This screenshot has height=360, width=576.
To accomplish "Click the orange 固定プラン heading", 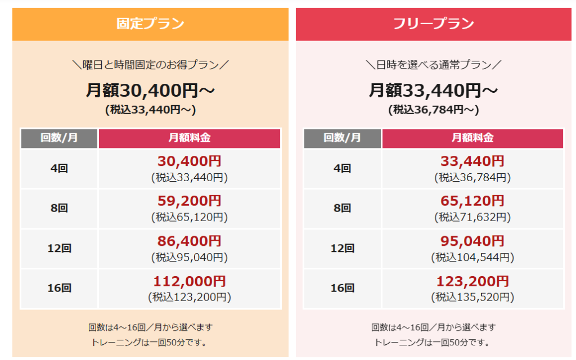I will [x=150, y=24].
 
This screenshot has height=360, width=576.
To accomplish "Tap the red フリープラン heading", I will [x=433, y=24].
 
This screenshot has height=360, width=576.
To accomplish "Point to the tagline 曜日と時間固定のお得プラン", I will [x=150, y=65].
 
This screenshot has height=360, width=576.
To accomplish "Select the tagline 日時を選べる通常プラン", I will [x=433, y=65].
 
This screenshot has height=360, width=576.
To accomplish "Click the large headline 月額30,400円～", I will [x=150, y=90].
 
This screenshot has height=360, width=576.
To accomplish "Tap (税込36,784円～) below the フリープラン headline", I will [x=433, y=110].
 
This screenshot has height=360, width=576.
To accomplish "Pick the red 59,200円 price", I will [x=189, y=201].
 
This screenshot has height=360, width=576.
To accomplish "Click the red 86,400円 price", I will [x=189, y=241].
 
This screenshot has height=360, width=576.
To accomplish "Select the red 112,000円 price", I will [x=189, y=281].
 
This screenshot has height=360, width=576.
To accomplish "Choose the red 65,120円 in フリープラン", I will [x=472, y=201].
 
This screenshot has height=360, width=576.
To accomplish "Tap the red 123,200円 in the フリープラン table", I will [x=472, y=281].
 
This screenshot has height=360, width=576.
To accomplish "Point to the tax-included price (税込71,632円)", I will [x=472, y=217].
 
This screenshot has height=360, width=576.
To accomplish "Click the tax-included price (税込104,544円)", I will [x=472, y=258].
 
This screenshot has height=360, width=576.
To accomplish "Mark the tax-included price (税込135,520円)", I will [x=472, y=297].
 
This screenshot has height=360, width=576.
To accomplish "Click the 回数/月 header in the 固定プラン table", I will [x=59, y=138].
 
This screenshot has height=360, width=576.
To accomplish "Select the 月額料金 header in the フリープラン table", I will [x=472, y=138].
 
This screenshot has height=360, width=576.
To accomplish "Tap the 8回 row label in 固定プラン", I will [x=59, y=208].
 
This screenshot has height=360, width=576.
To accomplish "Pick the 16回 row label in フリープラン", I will [x=342, y=288].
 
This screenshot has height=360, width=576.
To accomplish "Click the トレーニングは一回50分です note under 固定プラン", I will [x=150, y=342].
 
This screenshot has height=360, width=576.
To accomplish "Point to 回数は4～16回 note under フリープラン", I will [x=433, y=327].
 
